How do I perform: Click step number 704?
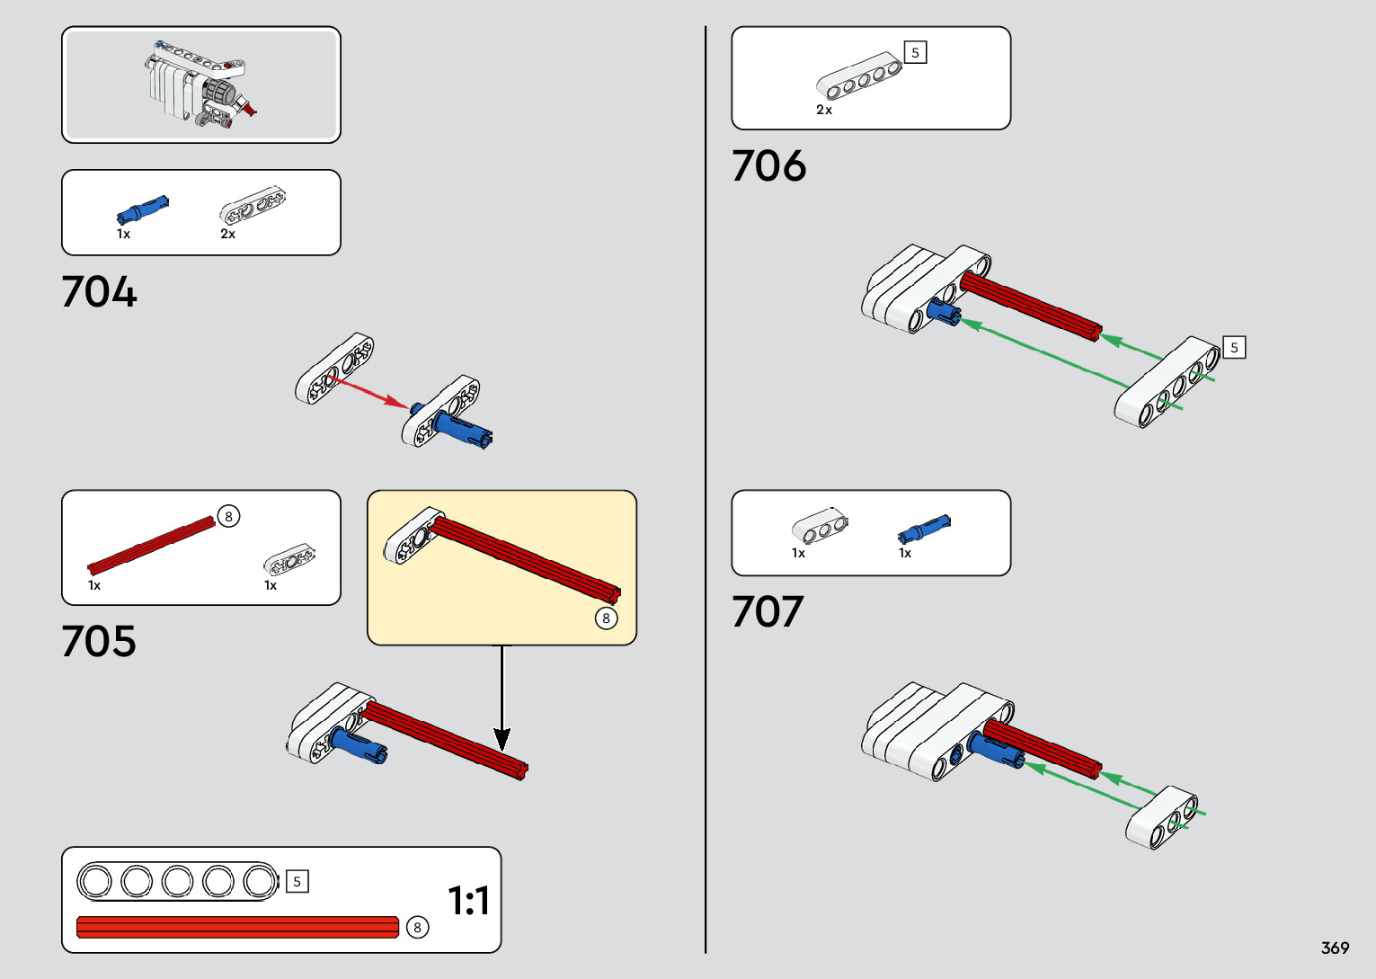(x=99, y=292)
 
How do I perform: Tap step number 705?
(x=99, y=642)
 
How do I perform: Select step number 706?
(x=768, y=166)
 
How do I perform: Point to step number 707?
(x=767, y=612)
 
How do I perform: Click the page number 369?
(x=1335, y=948)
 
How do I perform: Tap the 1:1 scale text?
(x=468, y=901)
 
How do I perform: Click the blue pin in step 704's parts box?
(x=142, y=210)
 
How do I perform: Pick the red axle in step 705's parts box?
(x=151, y=544)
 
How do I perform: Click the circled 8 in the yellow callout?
(x=607, y=619)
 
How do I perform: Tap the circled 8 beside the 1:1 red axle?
(x=417, y=928)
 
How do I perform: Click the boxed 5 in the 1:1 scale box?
(x=297, y=882)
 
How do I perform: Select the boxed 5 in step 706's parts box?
(x=915, y=53)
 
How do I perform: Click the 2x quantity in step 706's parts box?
(x=824, y=111)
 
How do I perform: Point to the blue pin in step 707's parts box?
(x=923, y=530)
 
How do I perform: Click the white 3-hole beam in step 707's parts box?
(x=819, y=528)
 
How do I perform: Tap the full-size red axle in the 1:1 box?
(x=238, y=927)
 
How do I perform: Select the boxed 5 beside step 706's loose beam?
(x=1234, y=348)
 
